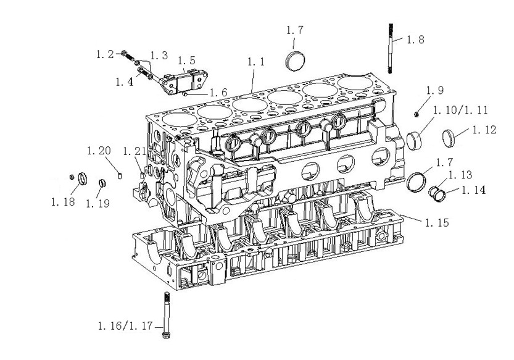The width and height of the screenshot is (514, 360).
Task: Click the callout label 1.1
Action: click(x=255, y=62)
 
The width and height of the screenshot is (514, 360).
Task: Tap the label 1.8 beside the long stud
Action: click(x=415, y=40)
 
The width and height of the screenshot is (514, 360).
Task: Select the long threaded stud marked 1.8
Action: click(x=391, y=48)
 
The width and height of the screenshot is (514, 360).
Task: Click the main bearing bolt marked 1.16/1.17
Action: click(x=167, y=315)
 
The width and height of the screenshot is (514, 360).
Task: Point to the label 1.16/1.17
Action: click(x=125, y=326)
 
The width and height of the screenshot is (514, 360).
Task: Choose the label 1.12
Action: click(x=484, y=130)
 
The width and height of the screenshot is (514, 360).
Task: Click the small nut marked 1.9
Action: click(x=417, y=114)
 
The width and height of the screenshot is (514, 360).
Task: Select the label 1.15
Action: click(x=437, y=223)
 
